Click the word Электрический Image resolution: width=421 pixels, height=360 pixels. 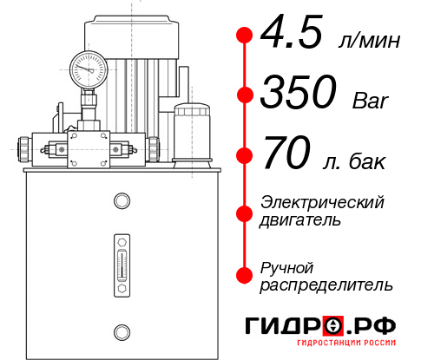[x=322, y=202]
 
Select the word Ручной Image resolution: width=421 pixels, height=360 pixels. [x=287, y=265]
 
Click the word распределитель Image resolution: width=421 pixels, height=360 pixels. [x=326, y=284]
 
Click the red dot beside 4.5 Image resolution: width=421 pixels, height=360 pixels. [x=245, y=36]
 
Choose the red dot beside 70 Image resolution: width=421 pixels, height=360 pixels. [x=245, y=156]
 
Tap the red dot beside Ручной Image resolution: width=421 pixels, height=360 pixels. [x=245, y=274]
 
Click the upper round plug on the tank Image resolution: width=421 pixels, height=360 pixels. [x=121, y=201]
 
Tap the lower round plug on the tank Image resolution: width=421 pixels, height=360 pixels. [x=121, y=331]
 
